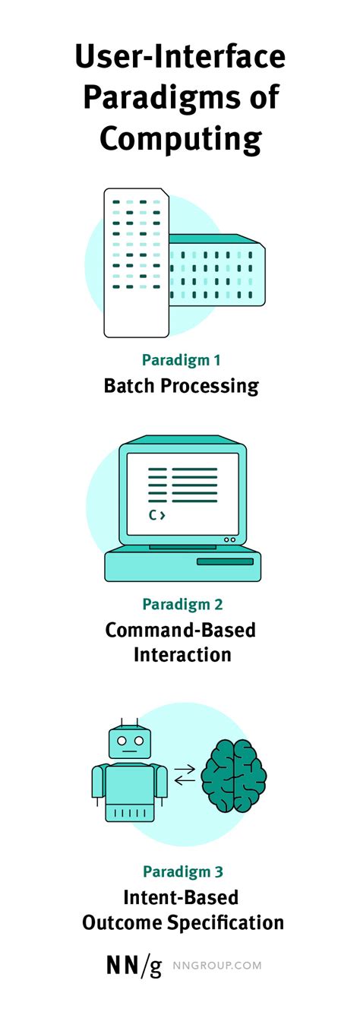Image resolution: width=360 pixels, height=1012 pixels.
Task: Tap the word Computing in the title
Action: pos(181,140)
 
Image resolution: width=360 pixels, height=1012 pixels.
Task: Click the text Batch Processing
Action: pos(181,386)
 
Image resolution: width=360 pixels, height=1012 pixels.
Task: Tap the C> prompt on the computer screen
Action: pos(156,515)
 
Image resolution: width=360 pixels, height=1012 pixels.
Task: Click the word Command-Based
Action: pos(181,630)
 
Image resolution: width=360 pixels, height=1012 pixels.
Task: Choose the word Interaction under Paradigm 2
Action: pos(182,654)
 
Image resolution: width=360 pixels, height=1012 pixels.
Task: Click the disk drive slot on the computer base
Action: pos(225,561)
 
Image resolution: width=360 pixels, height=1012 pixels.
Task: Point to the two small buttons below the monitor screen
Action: pos(229,539)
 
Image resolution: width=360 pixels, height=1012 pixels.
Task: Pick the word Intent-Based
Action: pos(182,897)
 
